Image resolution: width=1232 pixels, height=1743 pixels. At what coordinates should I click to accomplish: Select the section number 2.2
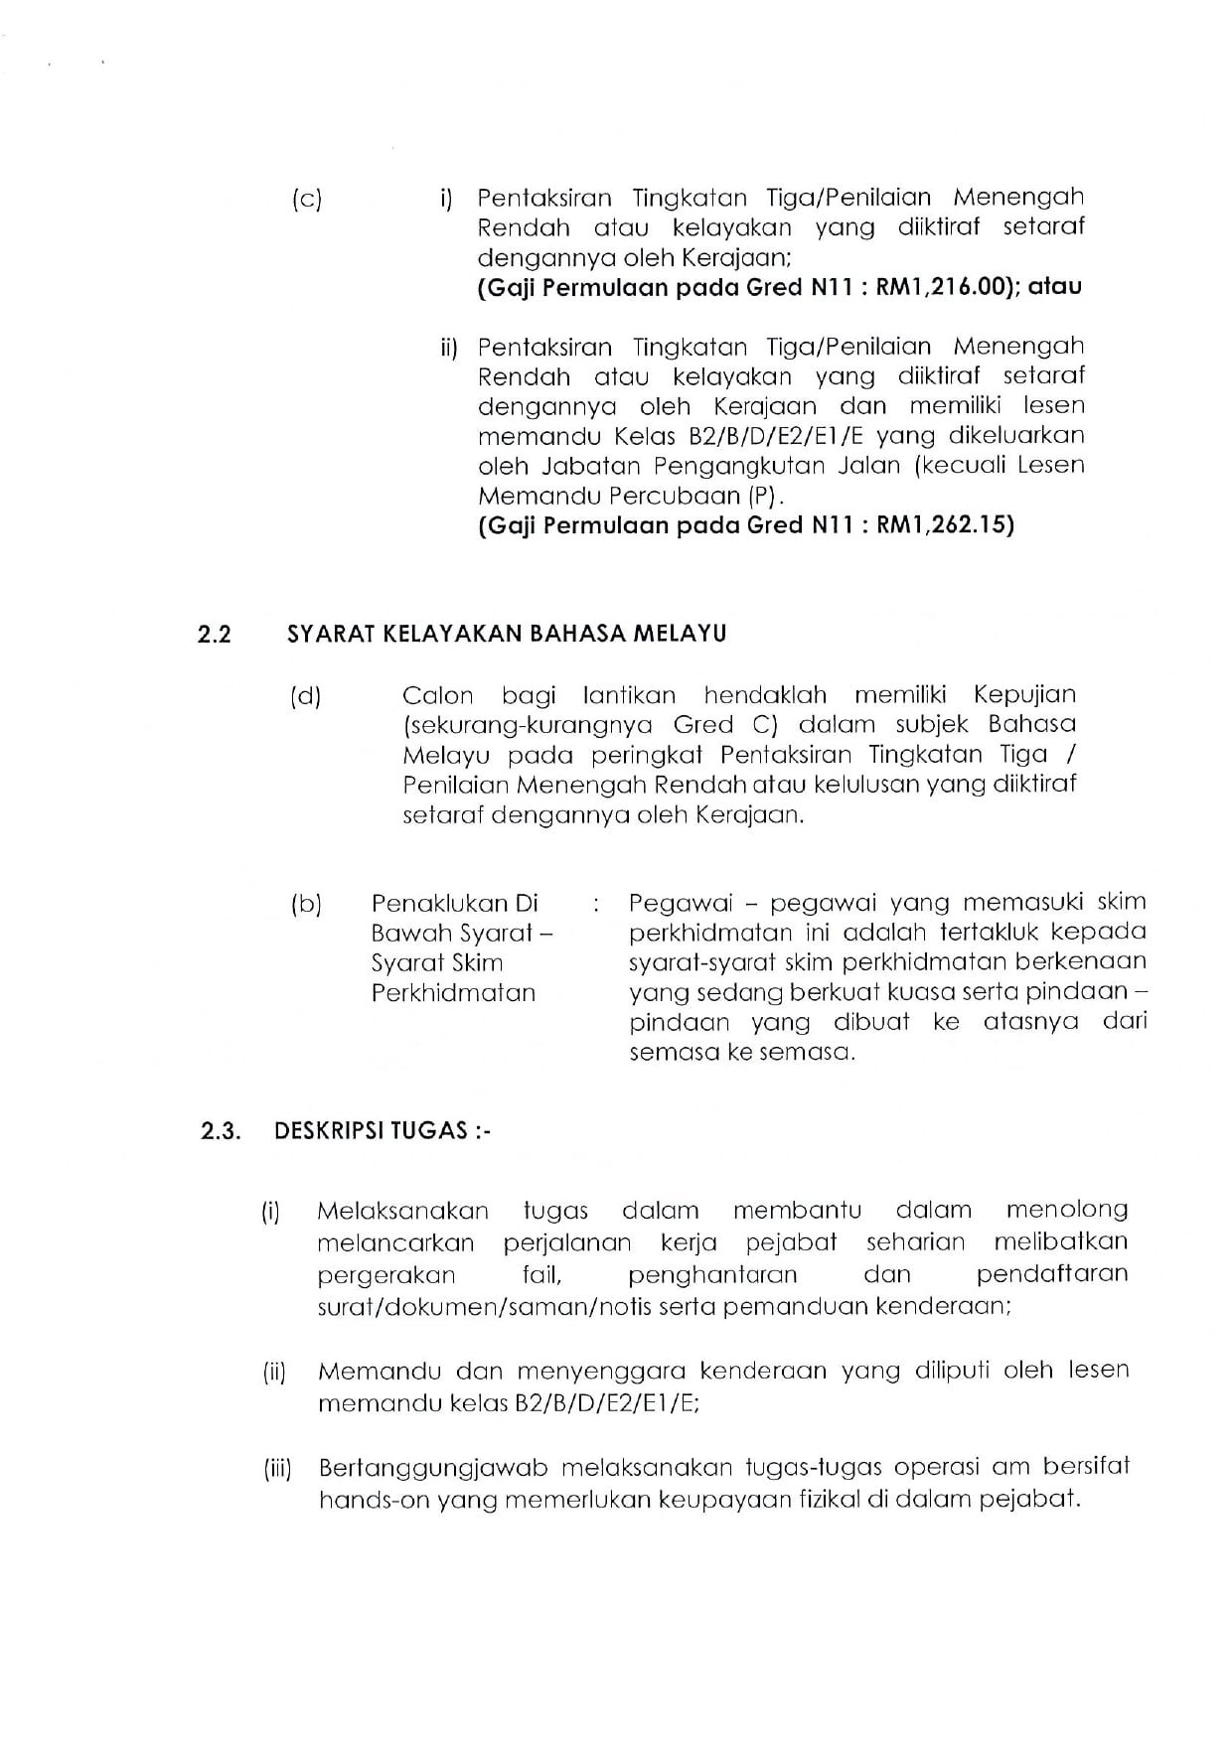pyautogui.click(x=215, y=635)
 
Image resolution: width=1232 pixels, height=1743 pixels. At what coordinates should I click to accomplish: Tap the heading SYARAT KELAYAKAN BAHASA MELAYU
pyautogui.click(x=507, y=634)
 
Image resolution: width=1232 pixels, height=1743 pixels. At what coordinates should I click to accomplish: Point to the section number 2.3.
pyautogui.click(x=221, y=1131)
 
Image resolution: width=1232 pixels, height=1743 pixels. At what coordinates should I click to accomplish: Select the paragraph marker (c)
pyautogui.click(x=307, y=199)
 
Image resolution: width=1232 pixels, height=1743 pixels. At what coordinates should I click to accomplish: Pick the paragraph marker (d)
pyautogui.click(x=307, y=696)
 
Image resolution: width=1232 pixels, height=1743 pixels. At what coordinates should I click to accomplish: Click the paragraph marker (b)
pyautogui.click(x=307, y=905)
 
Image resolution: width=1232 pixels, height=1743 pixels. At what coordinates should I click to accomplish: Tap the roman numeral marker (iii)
pyautogui.click(x=277, y=1469)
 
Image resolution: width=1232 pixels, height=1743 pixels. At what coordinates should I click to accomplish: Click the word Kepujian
pyautogui.click(x=1024, y=695)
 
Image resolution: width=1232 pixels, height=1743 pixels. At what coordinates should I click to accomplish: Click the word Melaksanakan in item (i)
pyautogui.click(x=403, y=1212)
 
